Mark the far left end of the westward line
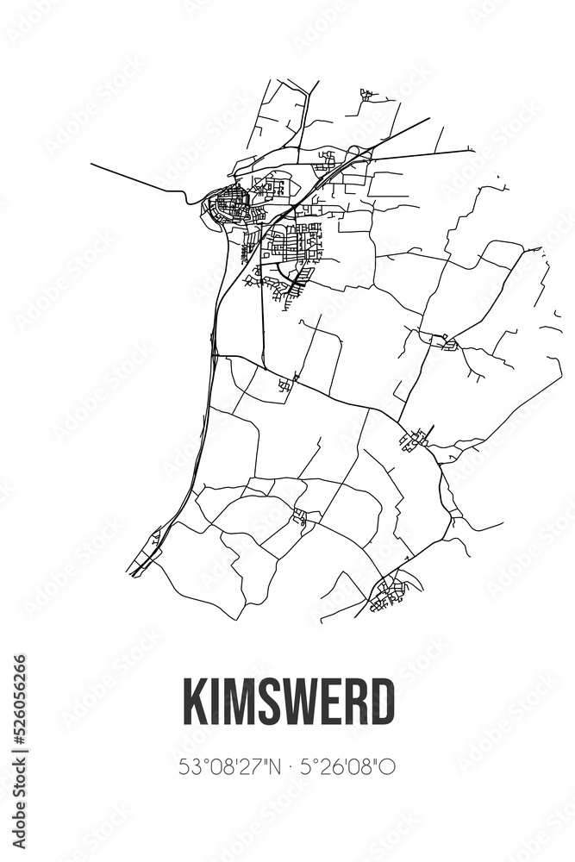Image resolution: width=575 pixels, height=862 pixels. pos(91,164)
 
